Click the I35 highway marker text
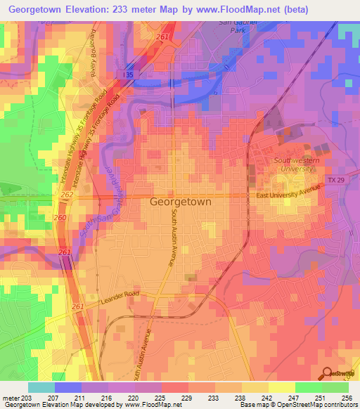[x=127, y=73]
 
